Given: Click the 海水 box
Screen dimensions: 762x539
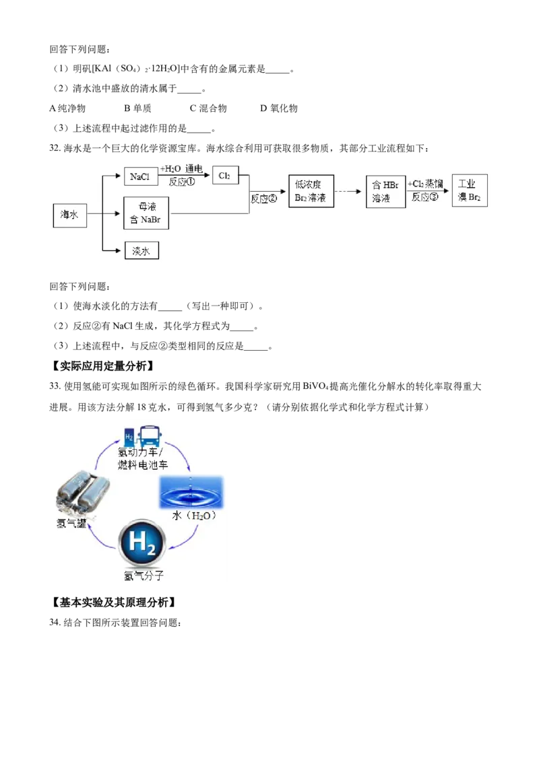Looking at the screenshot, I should click(x=70, y=214).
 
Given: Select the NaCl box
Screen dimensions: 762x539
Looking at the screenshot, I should click(x=141, y=176).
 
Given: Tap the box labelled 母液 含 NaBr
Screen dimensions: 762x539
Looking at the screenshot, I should click(x=146, y=213).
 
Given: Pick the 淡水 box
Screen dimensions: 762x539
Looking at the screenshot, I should click(x=141, y=251).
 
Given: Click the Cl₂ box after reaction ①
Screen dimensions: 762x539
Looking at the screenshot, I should click(x=225, y=176).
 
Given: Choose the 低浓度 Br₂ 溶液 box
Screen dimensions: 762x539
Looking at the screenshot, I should click(x=310, y=191).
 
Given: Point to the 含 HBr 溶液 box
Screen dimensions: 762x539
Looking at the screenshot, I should click(x=385, y=192).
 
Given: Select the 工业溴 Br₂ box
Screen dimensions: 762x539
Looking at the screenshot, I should click(x=470, y=191).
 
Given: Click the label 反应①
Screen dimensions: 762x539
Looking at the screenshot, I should click(x=182, y=182).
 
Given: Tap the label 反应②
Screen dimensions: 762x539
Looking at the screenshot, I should click(x=264, y=199).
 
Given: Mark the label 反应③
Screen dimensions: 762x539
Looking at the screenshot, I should click(x=424, y=197).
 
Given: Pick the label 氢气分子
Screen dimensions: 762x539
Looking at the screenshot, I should click(x=144, y=576).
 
